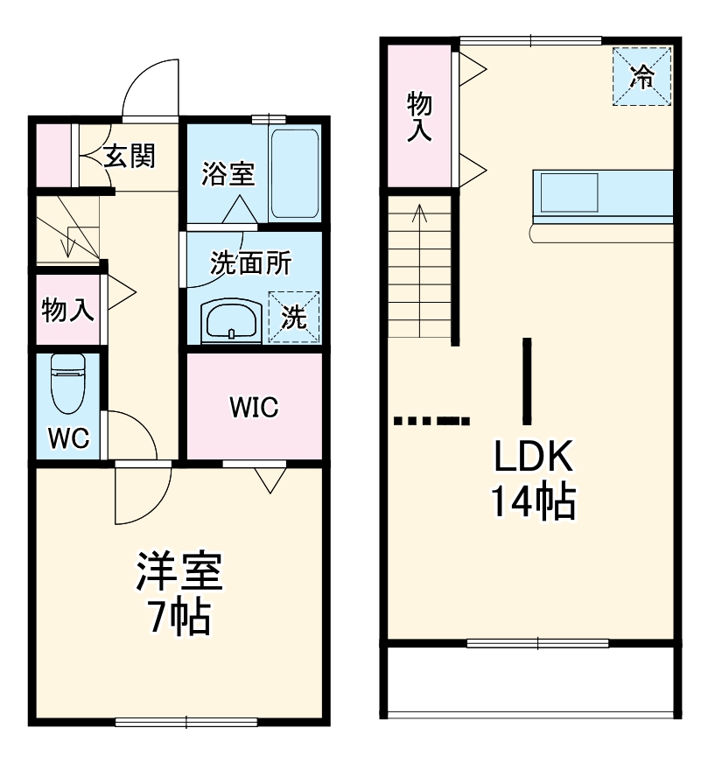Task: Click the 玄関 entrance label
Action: pos(130,157)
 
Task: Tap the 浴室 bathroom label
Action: pos(228,174)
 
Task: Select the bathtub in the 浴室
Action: pos(294,173)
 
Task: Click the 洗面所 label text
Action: pos(250,263)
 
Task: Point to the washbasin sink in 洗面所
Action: pos(230,321)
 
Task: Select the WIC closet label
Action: pos(254,407)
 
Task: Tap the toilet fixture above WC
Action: pos(67,382)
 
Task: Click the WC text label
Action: pos(68,438)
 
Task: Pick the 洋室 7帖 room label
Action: pos(179,594)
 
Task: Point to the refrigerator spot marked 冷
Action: pos(642,76)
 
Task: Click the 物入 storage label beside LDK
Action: pos(419,117)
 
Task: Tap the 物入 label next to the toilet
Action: pos(68,310)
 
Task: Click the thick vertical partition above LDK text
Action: pos(527,380)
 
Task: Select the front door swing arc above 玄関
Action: pos(151,87)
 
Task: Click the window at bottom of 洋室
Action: pos(186,722)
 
